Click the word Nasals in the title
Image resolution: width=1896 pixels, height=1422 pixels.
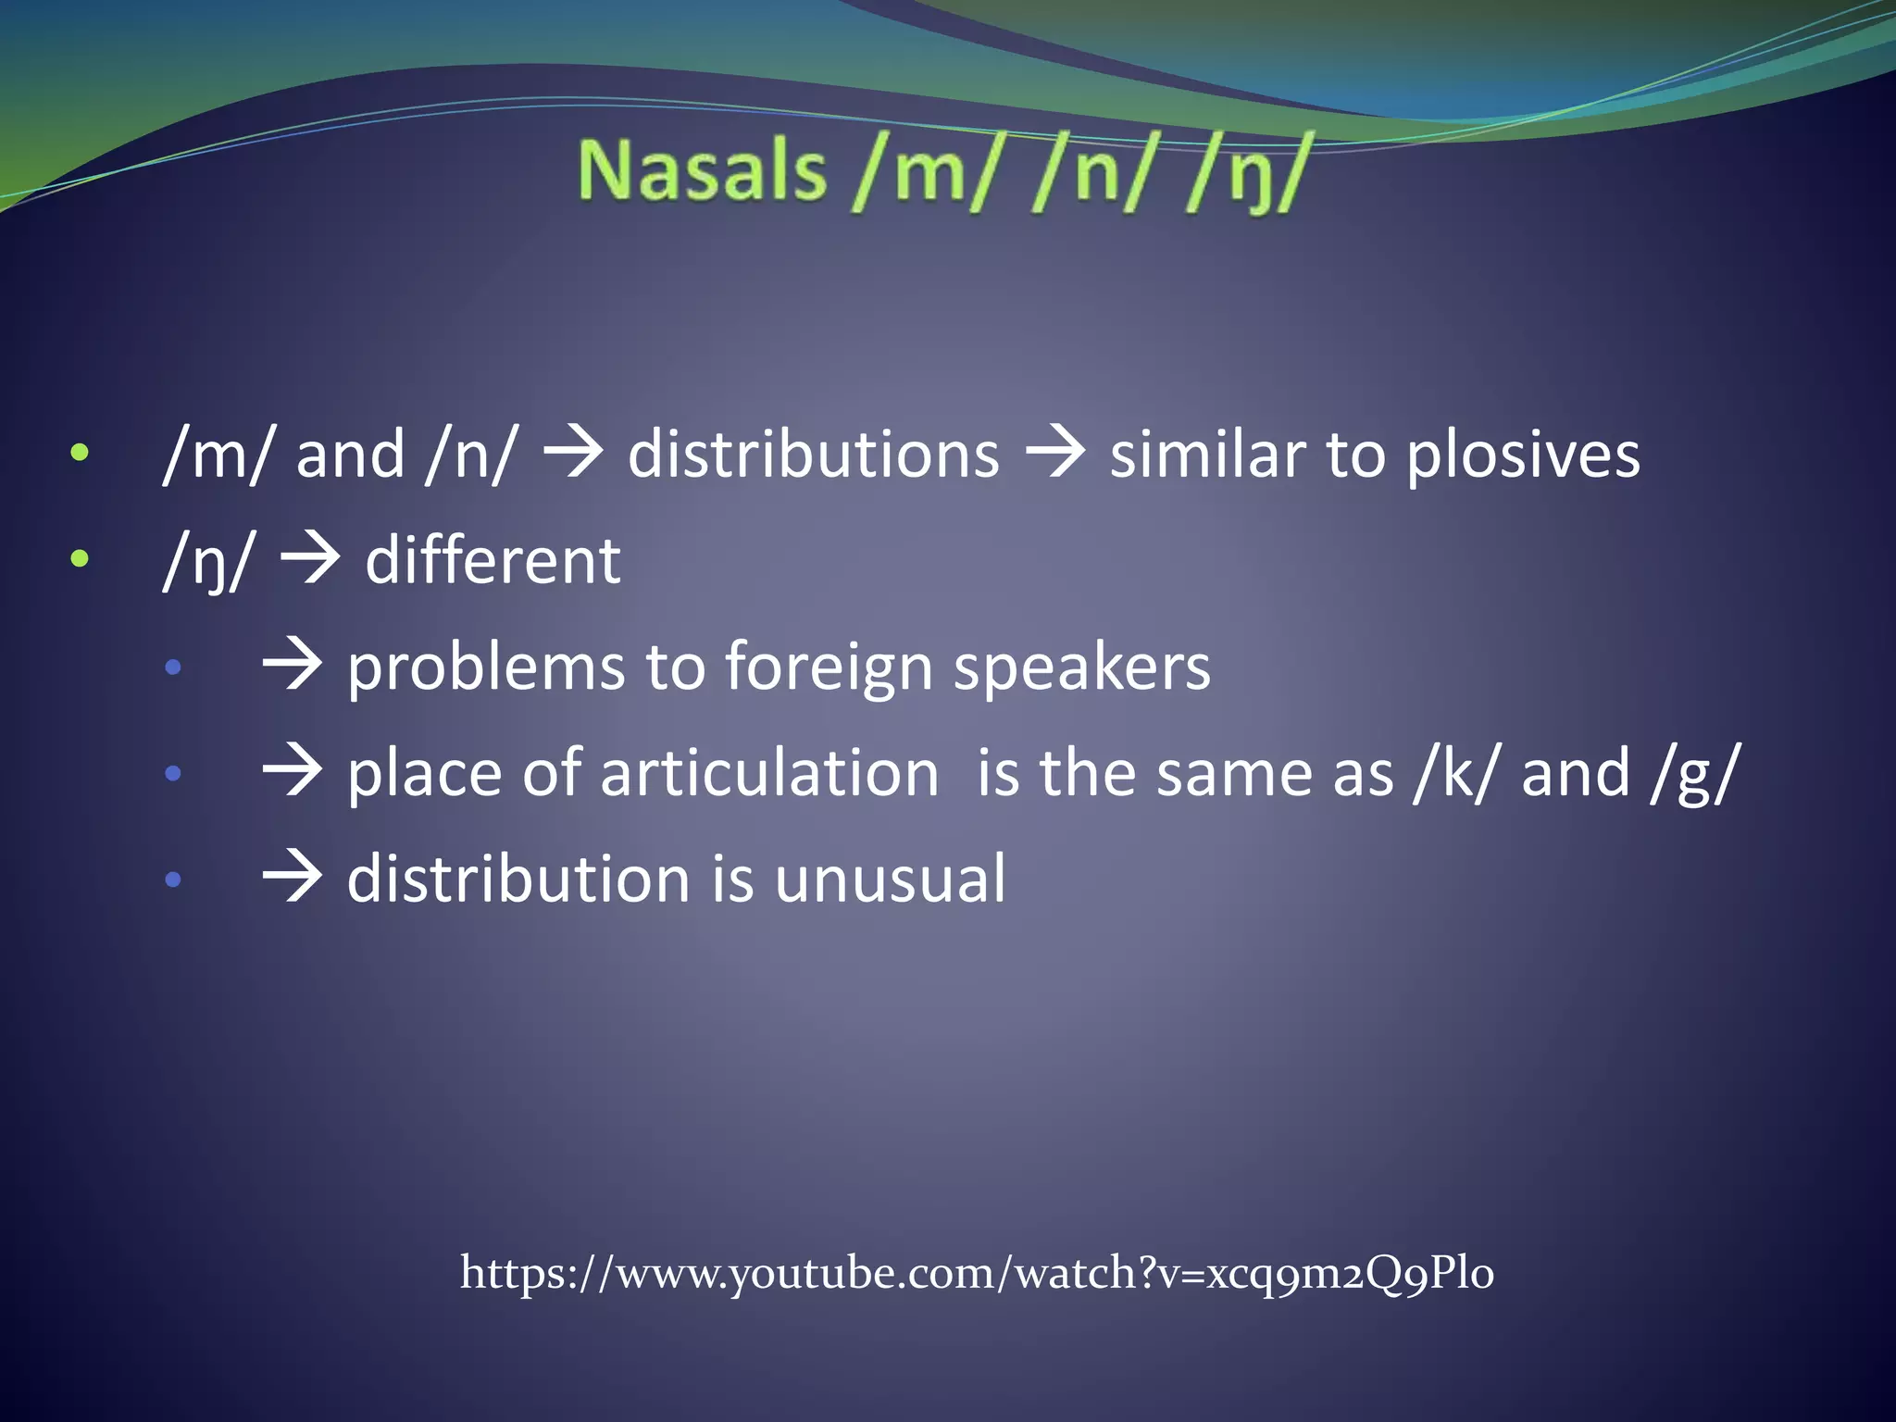click(702, 171)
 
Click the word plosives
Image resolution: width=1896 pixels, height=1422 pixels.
click(1523, 455)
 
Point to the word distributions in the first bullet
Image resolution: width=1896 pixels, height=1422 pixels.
click(814, 455)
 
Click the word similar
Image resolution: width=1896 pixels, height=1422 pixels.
click(1207, 455)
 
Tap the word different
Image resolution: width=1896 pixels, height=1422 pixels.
click(493, 561)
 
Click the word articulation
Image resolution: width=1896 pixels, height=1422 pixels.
click(768, 774)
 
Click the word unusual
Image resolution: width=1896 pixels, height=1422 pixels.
click(890, 879)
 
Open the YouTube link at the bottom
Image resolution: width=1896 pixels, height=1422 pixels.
click(977, 1273)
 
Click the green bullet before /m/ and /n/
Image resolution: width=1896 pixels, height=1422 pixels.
click(81, 453)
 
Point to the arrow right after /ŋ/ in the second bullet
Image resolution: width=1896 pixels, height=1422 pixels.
click(310, 560)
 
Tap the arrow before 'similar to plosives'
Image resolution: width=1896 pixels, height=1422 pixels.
click(1055, 455)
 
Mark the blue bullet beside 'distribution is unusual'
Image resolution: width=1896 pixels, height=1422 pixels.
click(173, 879)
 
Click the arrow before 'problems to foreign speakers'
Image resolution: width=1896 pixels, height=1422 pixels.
click(293, 667)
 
